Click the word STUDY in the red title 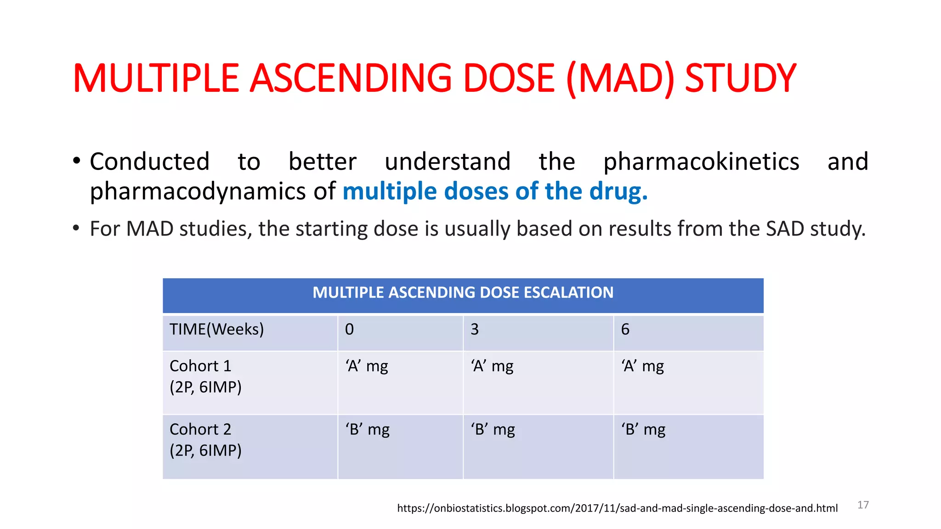(x=740, y=79)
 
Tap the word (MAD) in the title (x=621, y=79)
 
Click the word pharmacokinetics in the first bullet (x=701, y=162)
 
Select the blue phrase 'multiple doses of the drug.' (x=495, y=191)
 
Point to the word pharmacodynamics (x=198, y=191)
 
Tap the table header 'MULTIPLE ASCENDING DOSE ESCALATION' (x=463, y=293)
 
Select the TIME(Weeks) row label (x=216, y=329)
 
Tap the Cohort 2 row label (x=205, y=440)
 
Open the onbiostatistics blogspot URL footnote (x=617, y=508)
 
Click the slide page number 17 (x=863, y=505)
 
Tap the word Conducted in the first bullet (x=149, y=162)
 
